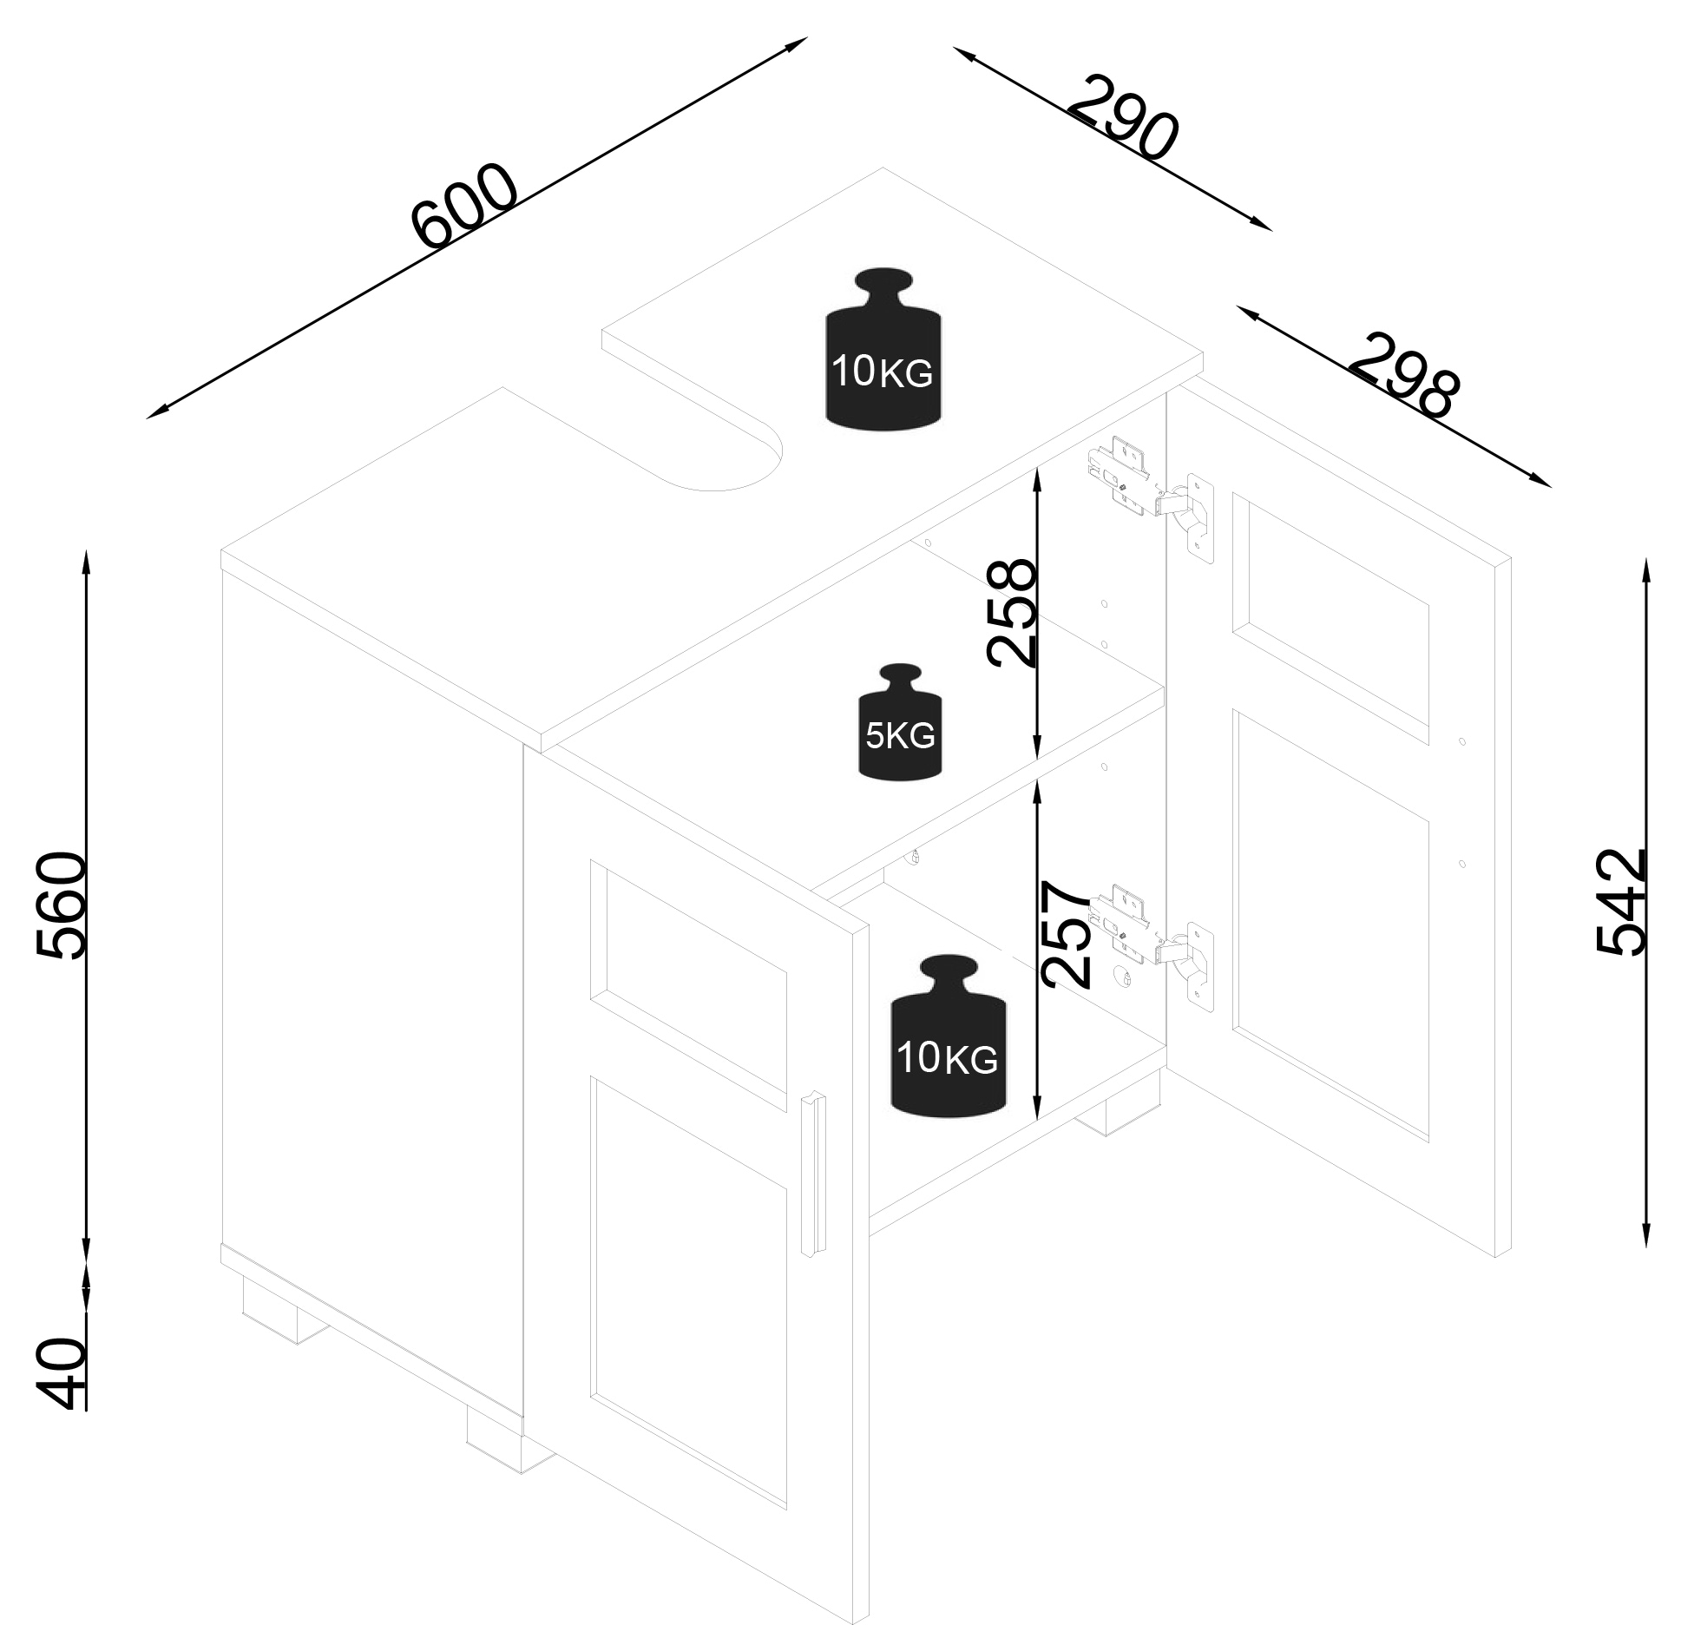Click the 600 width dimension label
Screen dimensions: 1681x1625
(465, 206)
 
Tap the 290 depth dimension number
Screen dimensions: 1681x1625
(1125, 119)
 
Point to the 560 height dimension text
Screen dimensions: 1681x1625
(62, 905)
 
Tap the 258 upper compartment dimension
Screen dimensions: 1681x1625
(1012, 613)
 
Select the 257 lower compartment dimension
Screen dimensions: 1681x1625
(1065, 934)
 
